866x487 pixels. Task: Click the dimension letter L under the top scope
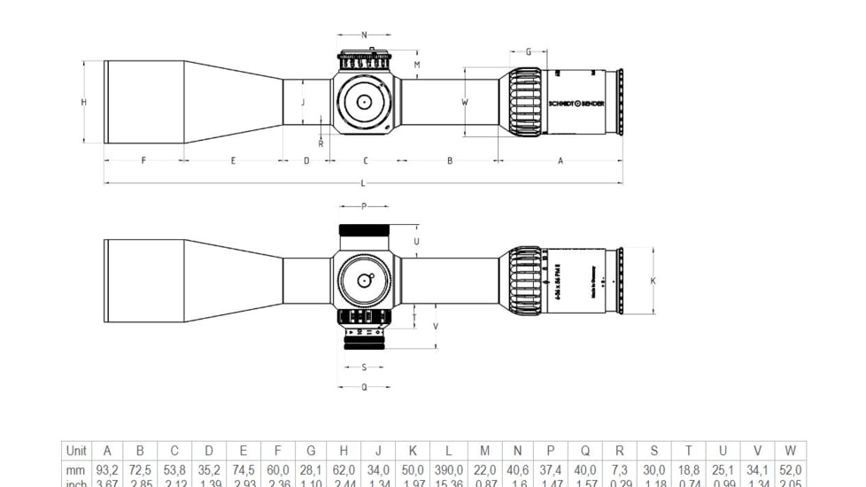363,183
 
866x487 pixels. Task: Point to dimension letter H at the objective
84,102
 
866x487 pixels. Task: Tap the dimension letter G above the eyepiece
529,52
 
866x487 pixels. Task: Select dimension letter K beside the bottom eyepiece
653,281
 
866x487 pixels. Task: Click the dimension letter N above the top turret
364,35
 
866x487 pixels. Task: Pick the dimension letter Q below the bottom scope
364,387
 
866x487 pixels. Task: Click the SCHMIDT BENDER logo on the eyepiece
576,104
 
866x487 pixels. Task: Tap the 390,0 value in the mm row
449,470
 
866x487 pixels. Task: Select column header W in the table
791,451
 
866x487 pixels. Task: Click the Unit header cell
76,451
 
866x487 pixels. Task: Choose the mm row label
76,470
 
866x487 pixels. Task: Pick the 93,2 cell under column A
107,470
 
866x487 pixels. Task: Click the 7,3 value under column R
620,470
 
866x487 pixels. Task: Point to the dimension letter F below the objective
143,161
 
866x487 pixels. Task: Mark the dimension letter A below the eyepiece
561,161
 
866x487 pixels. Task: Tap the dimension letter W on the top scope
465,102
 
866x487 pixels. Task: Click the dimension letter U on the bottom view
416,241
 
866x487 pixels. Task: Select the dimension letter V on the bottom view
436,326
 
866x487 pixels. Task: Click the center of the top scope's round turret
363,102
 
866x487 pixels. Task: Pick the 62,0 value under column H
344,470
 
